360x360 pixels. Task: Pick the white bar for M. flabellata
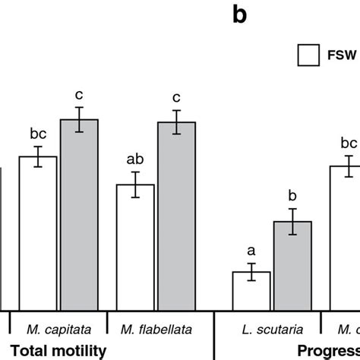pyautogui.click(x=135, y=246)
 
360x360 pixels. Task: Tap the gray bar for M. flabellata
pyautogui.click(x=176, y=216)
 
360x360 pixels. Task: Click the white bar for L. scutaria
pyautogui.click(x=251, y=290)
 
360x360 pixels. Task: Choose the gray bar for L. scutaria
pyautogui.click(x=292, y=265)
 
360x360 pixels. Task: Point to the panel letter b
pyautogui.click(x=239, y=16)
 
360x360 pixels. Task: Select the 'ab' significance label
pyautogui.click(x=135, y=160)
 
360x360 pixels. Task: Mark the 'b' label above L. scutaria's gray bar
pyautogui.click(x=292, y=195)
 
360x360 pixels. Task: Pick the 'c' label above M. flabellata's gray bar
pyautogui.click(x=176, y=98)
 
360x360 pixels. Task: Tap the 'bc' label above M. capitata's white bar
pyautogui.click(x=38, y=134)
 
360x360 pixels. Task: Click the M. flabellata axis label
pyautogui.click(x=156, y=330)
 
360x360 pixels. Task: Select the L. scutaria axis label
pyautogui.click(x=272, y=330)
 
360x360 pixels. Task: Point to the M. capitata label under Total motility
pyautogui.click(x=59, y=330)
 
